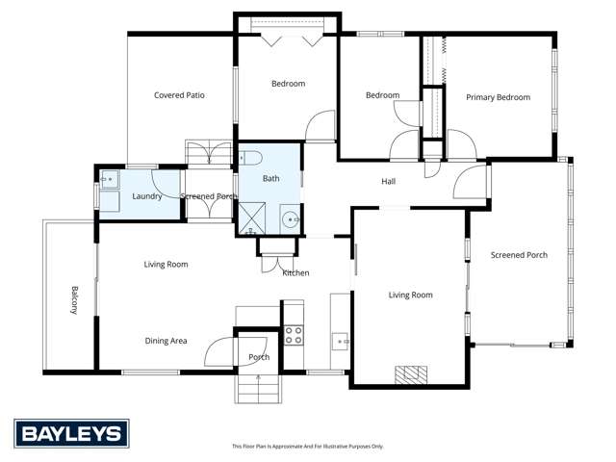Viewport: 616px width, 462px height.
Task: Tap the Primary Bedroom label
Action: (x=498, y=97)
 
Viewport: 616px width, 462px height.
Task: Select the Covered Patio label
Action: (x=179, y=95)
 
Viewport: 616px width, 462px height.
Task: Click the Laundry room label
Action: (x=146, y=196)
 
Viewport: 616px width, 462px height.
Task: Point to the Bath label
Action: (x=271, y=179)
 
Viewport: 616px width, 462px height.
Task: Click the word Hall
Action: (x=388, y=181)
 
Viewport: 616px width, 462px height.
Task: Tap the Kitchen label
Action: (x=295, y=273)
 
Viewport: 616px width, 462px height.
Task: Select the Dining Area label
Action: (x=166, y=341)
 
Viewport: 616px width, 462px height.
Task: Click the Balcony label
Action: (x=74, y=299)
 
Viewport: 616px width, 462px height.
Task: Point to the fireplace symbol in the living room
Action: (x=413, y=374)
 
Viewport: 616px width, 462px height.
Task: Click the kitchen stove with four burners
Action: (x=293, y=335)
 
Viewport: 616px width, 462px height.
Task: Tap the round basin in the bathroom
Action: (x=292, y=218)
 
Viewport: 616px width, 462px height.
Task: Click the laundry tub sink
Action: (x=109, y=178)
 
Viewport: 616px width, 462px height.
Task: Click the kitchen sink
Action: (x=340, y=339)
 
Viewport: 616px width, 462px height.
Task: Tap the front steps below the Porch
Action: (x=260, y=388)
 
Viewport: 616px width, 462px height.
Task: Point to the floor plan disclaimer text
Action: (x=307, y=447)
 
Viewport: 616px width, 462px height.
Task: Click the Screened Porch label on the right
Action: (x=519, y=255)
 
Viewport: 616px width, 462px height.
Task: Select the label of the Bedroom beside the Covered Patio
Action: (x=288, y=84)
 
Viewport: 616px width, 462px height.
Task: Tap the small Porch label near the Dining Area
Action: (x=259, y=357)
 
